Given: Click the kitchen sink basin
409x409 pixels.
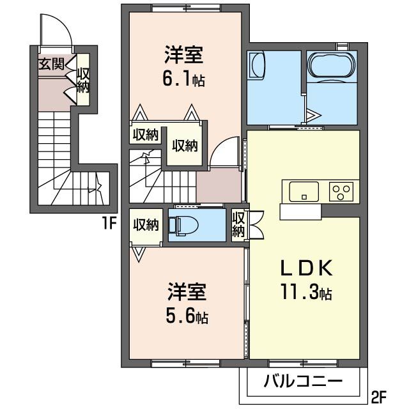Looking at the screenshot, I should point(304,190).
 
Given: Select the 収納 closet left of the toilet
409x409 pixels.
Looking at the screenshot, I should point(146,225).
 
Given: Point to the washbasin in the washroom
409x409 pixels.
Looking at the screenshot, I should point(256,66).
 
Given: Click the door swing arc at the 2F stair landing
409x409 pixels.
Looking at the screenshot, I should point(224,153).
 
